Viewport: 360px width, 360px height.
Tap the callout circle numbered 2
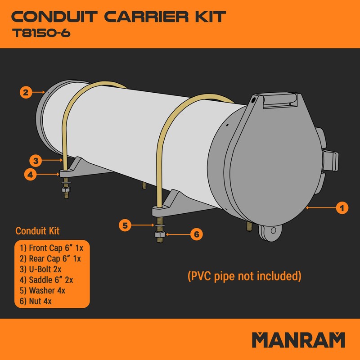(26, 92)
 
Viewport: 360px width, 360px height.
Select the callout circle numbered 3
(36, 160)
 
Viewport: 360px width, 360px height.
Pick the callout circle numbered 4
(30, 174)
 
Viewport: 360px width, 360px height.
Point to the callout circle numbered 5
(126, 225)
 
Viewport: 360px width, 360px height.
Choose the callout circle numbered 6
(196, 234)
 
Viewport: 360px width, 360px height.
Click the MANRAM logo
(298, 340)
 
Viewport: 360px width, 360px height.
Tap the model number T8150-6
(40, 34)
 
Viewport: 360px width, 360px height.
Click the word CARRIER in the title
(146, 17)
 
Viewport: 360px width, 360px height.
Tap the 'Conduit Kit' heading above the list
(37, 231)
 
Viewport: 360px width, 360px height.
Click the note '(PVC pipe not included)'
(244, 275)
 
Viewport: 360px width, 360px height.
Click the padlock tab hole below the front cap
(271, 231)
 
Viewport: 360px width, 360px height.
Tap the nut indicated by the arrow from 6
(159, 234)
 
